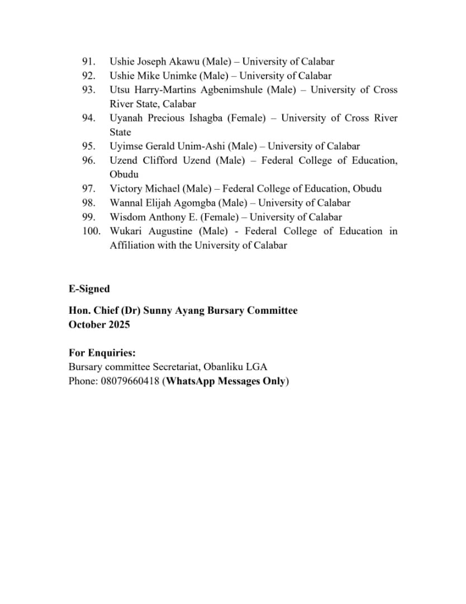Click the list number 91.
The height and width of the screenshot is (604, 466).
(89, 62)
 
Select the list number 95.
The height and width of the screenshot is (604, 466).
(89, 147)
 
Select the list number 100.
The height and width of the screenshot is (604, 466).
(91, 231)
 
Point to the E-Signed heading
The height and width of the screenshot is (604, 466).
(89, 289)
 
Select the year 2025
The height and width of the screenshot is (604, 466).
(118, 324)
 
